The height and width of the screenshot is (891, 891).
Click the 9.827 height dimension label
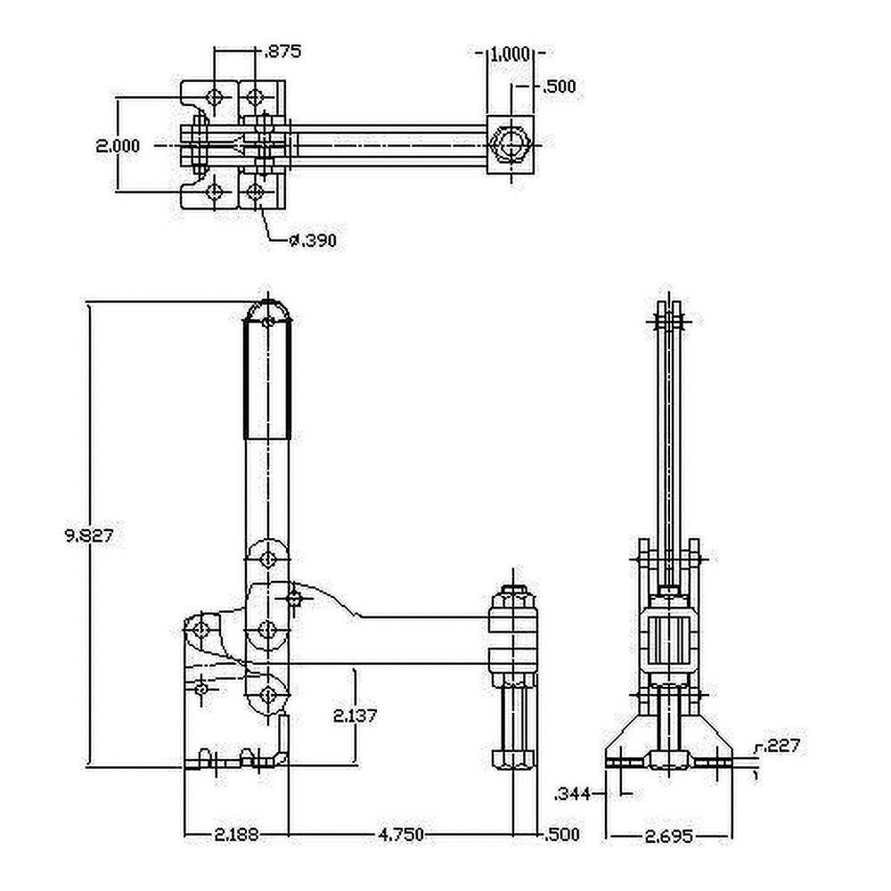(89, 535)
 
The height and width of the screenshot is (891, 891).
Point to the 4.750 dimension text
(401, 835)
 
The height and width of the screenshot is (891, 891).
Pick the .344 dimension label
(573, 792)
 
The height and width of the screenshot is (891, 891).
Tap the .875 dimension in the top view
(282, 52)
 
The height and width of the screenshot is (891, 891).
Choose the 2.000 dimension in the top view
(118, 145)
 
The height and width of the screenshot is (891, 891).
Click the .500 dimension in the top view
(559, 86)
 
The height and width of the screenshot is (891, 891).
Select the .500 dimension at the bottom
(561, 835)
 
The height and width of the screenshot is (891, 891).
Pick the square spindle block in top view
(510, 144)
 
